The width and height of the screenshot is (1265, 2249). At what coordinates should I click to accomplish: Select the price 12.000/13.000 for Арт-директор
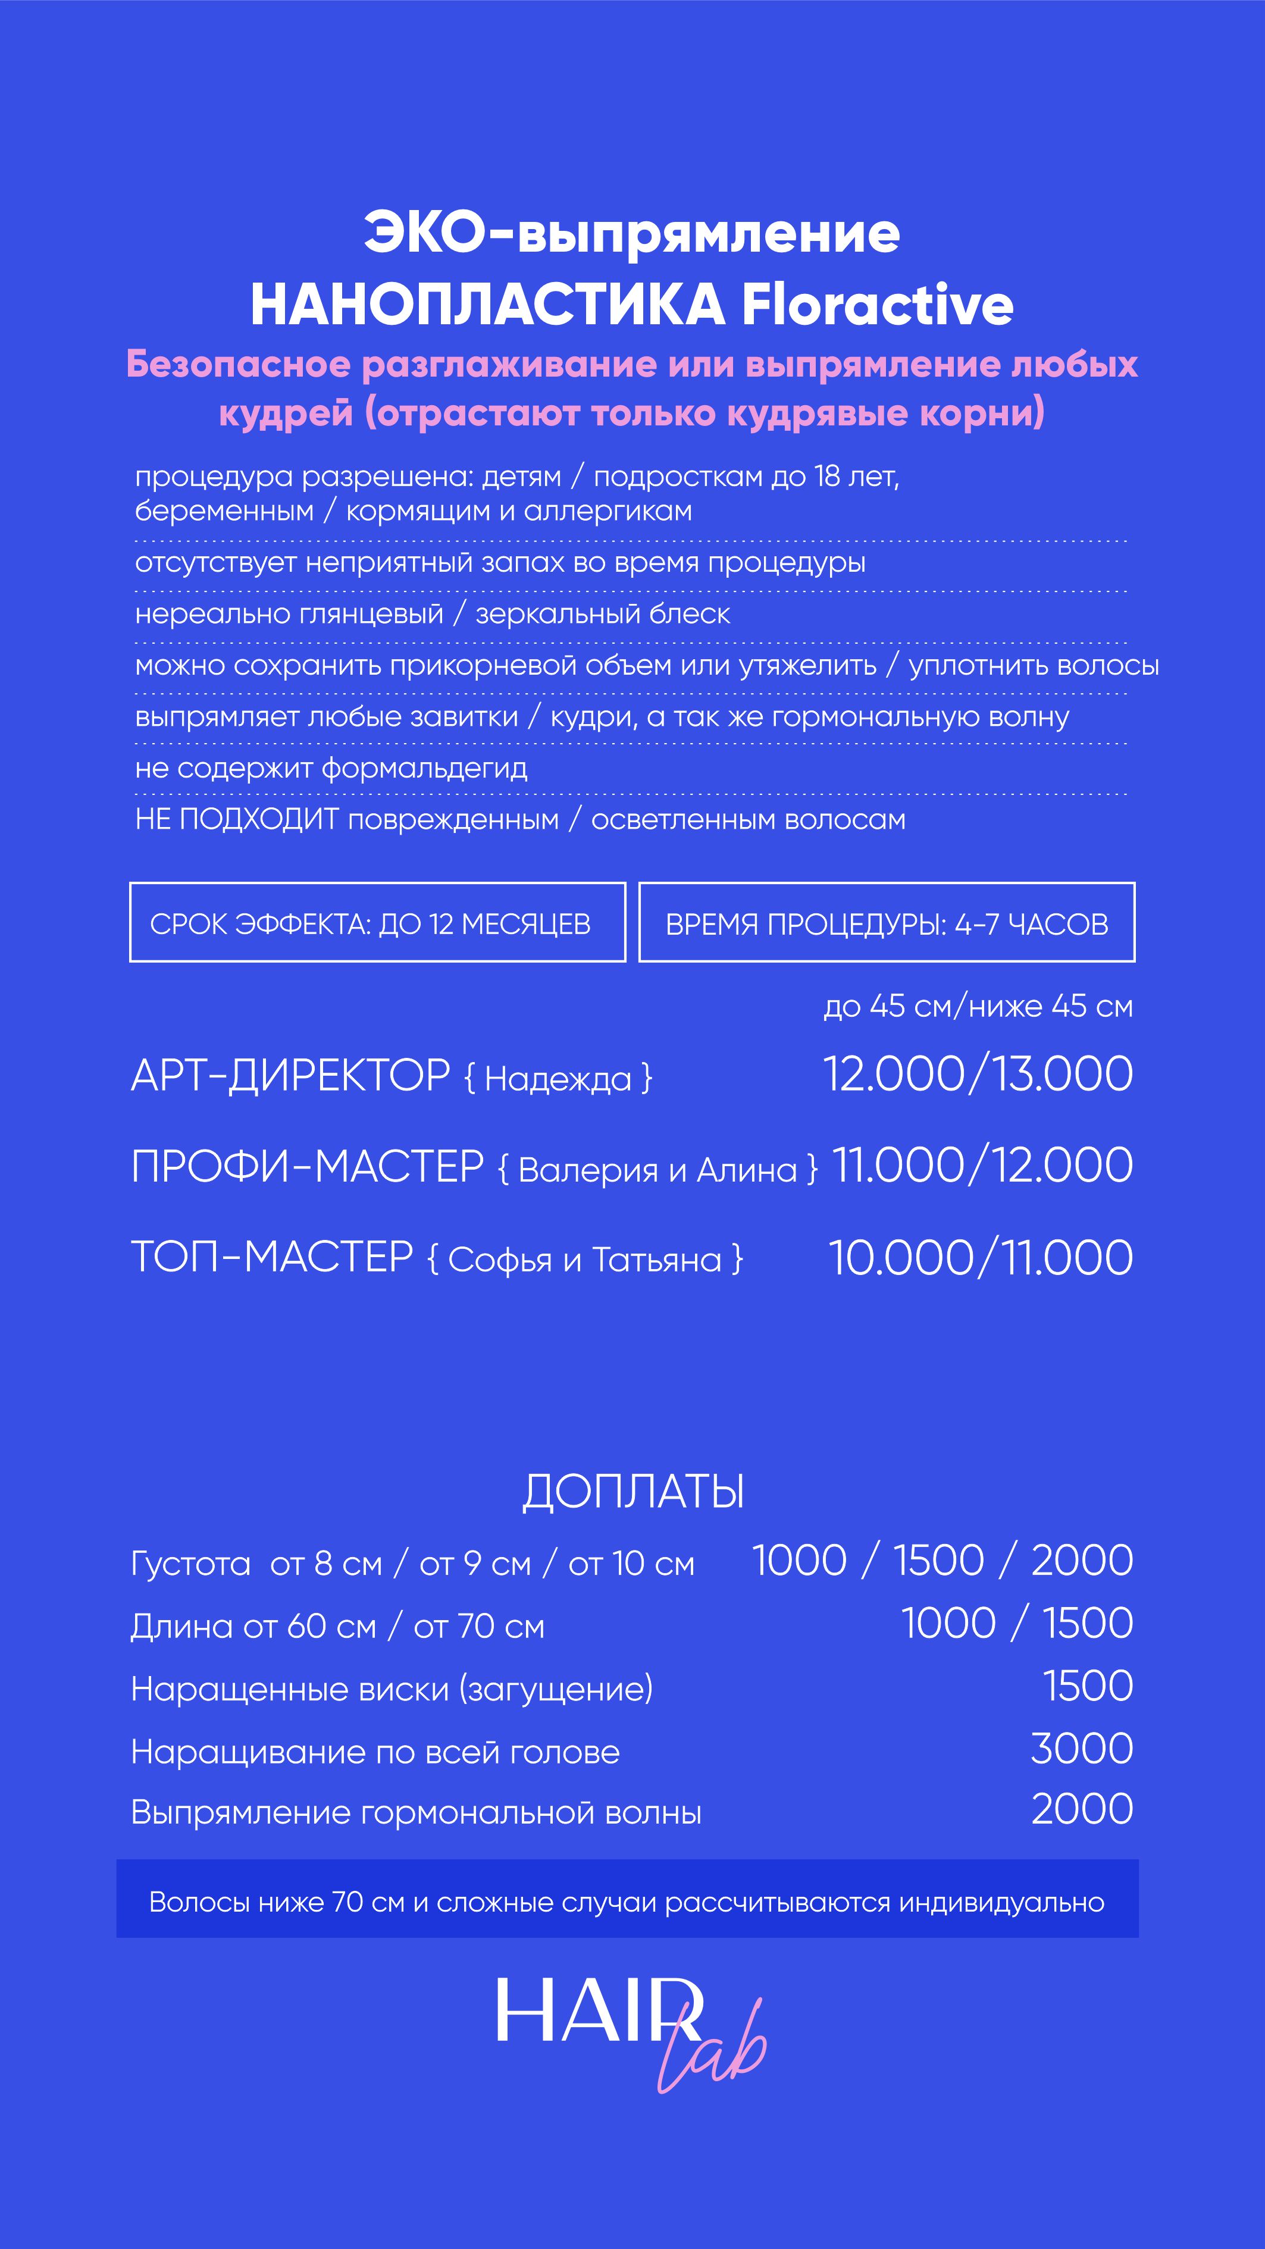tap(978, 1074)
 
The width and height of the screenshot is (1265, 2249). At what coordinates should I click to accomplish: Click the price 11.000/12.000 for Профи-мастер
tap(982, 1166)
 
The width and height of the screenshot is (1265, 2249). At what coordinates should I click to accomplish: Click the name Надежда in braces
tap(558, 1079)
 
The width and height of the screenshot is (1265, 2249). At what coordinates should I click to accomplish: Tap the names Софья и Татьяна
tap(585, 1260)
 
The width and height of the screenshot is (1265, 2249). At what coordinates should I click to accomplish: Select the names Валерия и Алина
tap(657, 1170)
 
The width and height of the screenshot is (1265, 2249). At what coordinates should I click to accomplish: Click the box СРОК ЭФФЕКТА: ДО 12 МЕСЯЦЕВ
tap(377, 923)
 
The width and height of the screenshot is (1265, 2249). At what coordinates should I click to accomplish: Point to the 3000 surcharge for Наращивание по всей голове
tap(1082, 1749)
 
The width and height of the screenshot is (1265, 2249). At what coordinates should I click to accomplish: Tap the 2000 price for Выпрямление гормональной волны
tap(1082, 1809)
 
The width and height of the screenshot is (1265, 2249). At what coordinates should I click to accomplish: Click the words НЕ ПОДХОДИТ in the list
tap(237, 820)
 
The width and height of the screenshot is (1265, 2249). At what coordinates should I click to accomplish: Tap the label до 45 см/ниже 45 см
tap(978, 1006)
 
